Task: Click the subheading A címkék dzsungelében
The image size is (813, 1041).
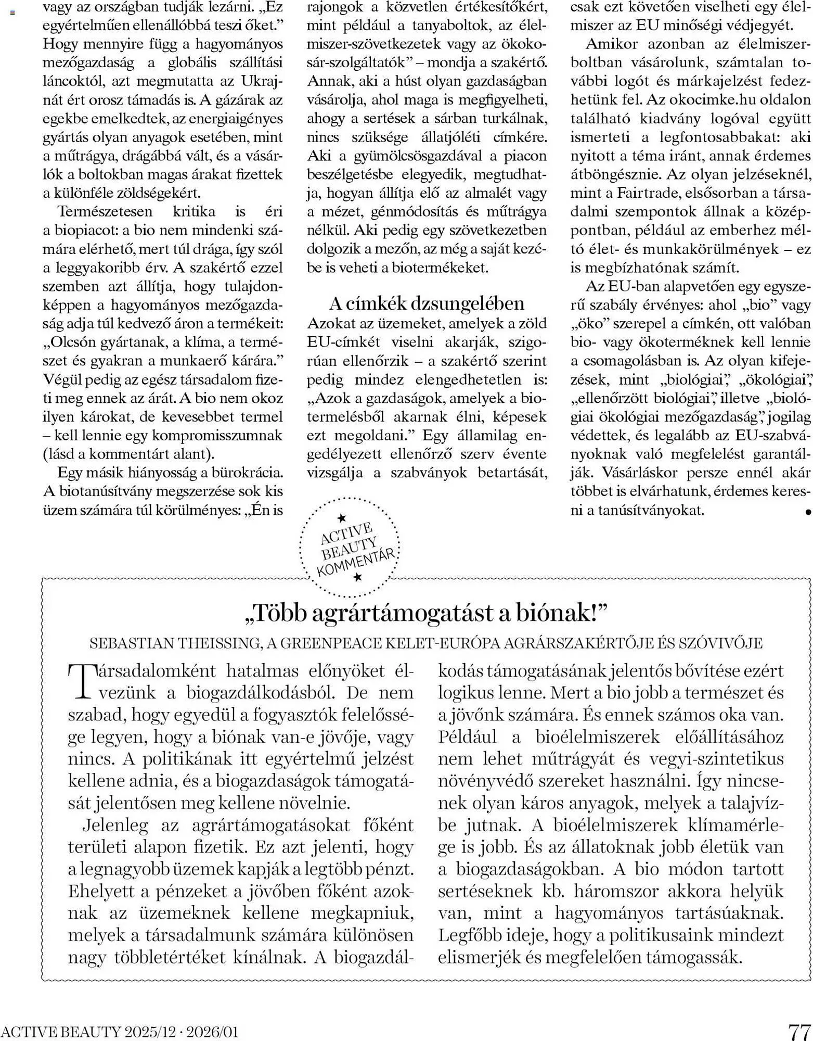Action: tap(427, 303)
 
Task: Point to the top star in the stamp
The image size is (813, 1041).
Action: tap(342, 518)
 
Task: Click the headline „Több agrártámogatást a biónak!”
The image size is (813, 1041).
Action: tap(426, 614)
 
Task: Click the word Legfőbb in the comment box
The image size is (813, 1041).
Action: tap(470, 935)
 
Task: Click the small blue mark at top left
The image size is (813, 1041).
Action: tap(12, 11)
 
